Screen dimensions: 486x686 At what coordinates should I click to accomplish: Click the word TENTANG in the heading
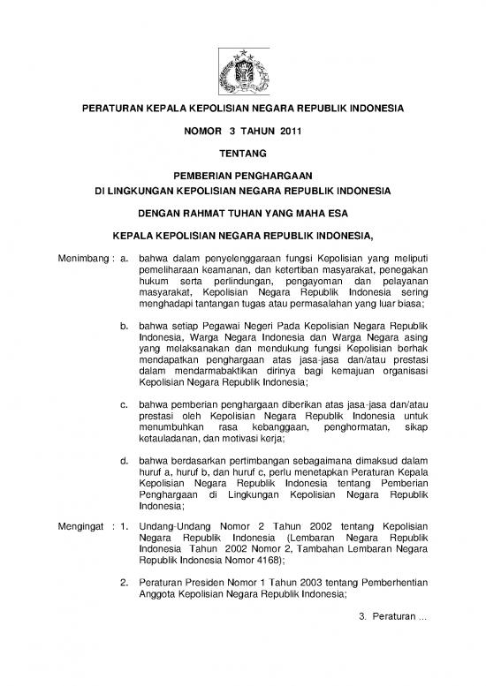tap(242, 154)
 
